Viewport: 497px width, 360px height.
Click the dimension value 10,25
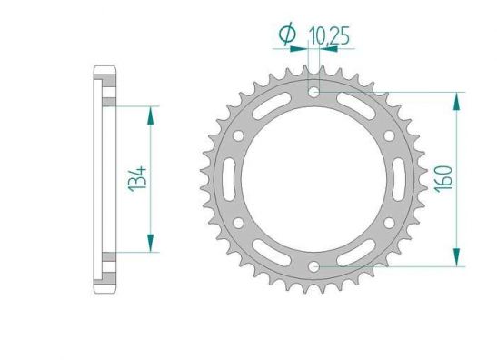coord(329,35)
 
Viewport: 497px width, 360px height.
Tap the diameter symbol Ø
coord(287,34)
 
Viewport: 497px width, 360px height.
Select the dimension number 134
coord(138,179)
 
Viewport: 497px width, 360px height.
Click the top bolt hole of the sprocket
coord(313,93)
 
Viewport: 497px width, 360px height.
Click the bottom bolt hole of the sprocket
coord(313,266)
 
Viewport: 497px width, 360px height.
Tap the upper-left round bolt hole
coord(238,136)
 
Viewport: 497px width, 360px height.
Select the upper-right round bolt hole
coord(389,136)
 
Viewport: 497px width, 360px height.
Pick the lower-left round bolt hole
coord(238,223)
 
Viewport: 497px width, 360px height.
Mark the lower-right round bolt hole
coord(389,223)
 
